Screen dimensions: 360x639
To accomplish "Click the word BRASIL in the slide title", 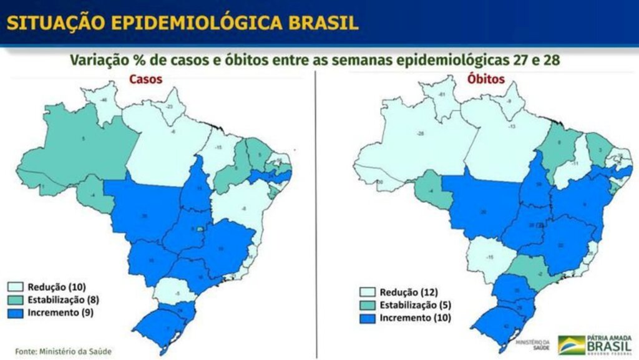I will pos(323,23).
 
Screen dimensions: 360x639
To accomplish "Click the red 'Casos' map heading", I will pos(144,79).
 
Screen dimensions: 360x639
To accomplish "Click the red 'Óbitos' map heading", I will pos(486,80).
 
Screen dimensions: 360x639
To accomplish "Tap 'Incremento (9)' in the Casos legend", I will pos(60,312).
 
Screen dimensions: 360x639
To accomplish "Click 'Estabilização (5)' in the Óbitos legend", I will pos(414,306).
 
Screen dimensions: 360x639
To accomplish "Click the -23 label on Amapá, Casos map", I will pos(168,107).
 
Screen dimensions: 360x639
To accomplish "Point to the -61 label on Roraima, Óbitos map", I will pos(441,94).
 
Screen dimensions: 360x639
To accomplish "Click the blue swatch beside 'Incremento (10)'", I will pos(368,319).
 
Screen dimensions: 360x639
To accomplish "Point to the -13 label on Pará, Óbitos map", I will pos(511,127).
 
